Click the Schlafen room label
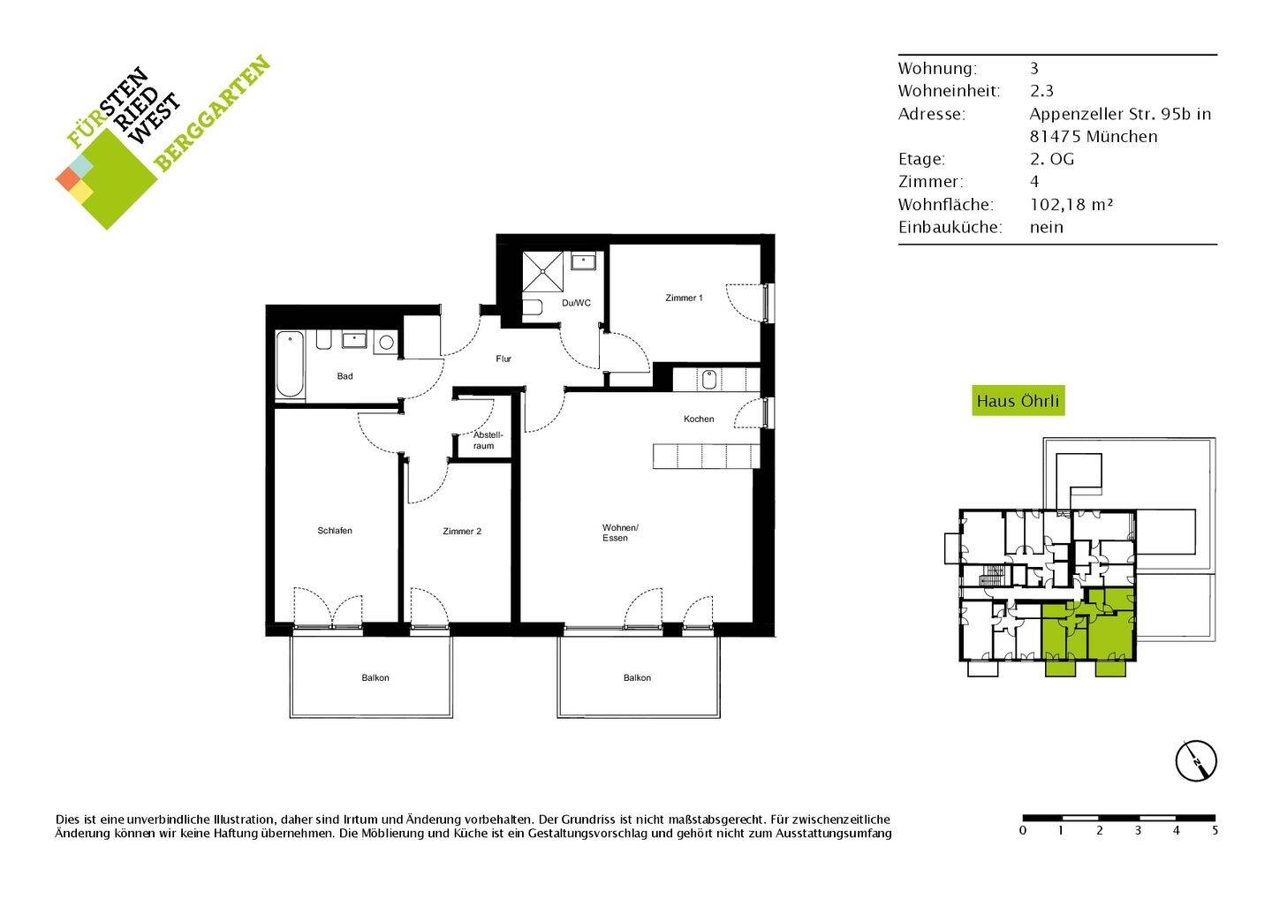coord(335,531)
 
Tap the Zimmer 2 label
coord(462,532)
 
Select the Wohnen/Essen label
coord(615,533)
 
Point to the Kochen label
coord(698,419)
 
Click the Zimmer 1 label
coord(684,298)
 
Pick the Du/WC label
coord(576,303)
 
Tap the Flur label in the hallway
coord(503,359)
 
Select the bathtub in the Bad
coord(289,366)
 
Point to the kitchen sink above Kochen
coord(709,379)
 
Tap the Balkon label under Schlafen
coord(375,678)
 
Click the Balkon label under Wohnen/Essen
coord(637,678)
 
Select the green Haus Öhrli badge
coord(1018,401)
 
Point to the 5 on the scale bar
coord(1215,831)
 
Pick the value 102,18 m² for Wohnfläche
coord(1071,204)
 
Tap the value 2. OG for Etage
coord(1051,159)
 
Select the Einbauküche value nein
coord(1046,227)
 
